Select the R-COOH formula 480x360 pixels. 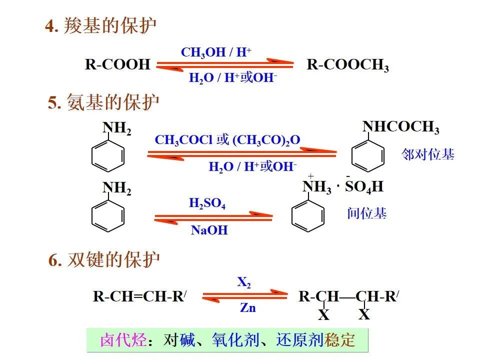[x=117, y=64]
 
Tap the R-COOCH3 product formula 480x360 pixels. [x=347, y=65]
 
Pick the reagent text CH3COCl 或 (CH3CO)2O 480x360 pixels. [x=227, y=140]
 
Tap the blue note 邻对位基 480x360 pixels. [x=428, y=154]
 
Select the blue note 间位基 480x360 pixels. [x=367, y=213]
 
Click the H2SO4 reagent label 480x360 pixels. [x=207, y=204]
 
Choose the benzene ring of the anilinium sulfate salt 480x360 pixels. [x=307, y=215]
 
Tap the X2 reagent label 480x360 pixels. [x=244, y=283]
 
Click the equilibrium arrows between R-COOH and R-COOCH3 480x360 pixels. [x=224, y=64]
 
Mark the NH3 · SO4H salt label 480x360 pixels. [x=343, y=187]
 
